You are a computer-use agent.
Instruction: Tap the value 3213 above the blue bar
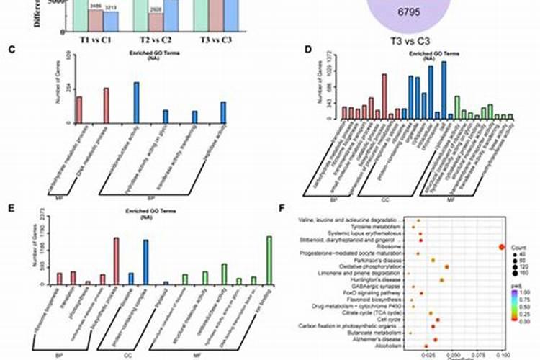111,7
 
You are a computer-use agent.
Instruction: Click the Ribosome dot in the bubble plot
501,248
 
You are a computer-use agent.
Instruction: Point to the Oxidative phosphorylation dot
447,267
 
